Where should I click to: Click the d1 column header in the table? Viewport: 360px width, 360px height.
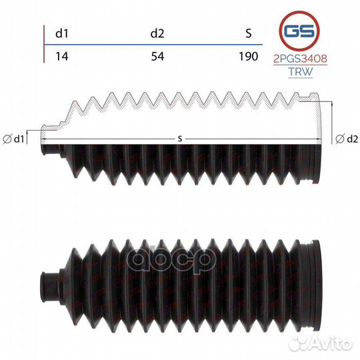click(62, 33)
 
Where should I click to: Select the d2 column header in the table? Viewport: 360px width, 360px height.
click(157, 33)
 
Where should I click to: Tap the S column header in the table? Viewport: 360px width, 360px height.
click(249, 33)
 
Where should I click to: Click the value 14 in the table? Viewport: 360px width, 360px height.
click(62, 56)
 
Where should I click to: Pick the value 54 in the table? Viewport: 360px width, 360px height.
click(157, 56)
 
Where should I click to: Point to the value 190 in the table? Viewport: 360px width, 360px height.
click(249, 56)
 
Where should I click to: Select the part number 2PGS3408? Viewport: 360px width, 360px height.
click(300, 59)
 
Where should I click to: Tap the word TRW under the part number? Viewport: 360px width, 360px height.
click(300, 71)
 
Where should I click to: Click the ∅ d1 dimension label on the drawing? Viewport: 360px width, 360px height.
click(13, 139)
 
